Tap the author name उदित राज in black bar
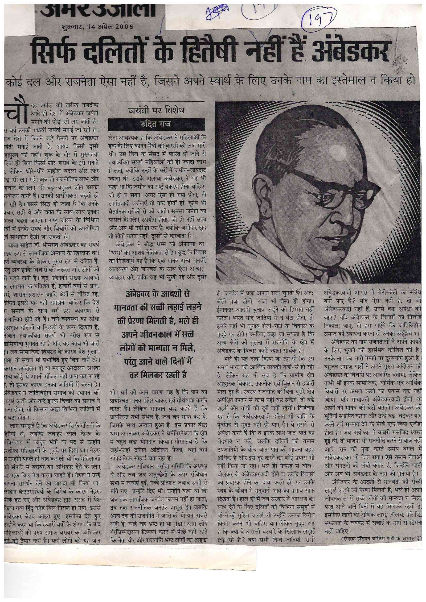156,124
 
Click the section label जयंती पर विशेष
156,110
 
